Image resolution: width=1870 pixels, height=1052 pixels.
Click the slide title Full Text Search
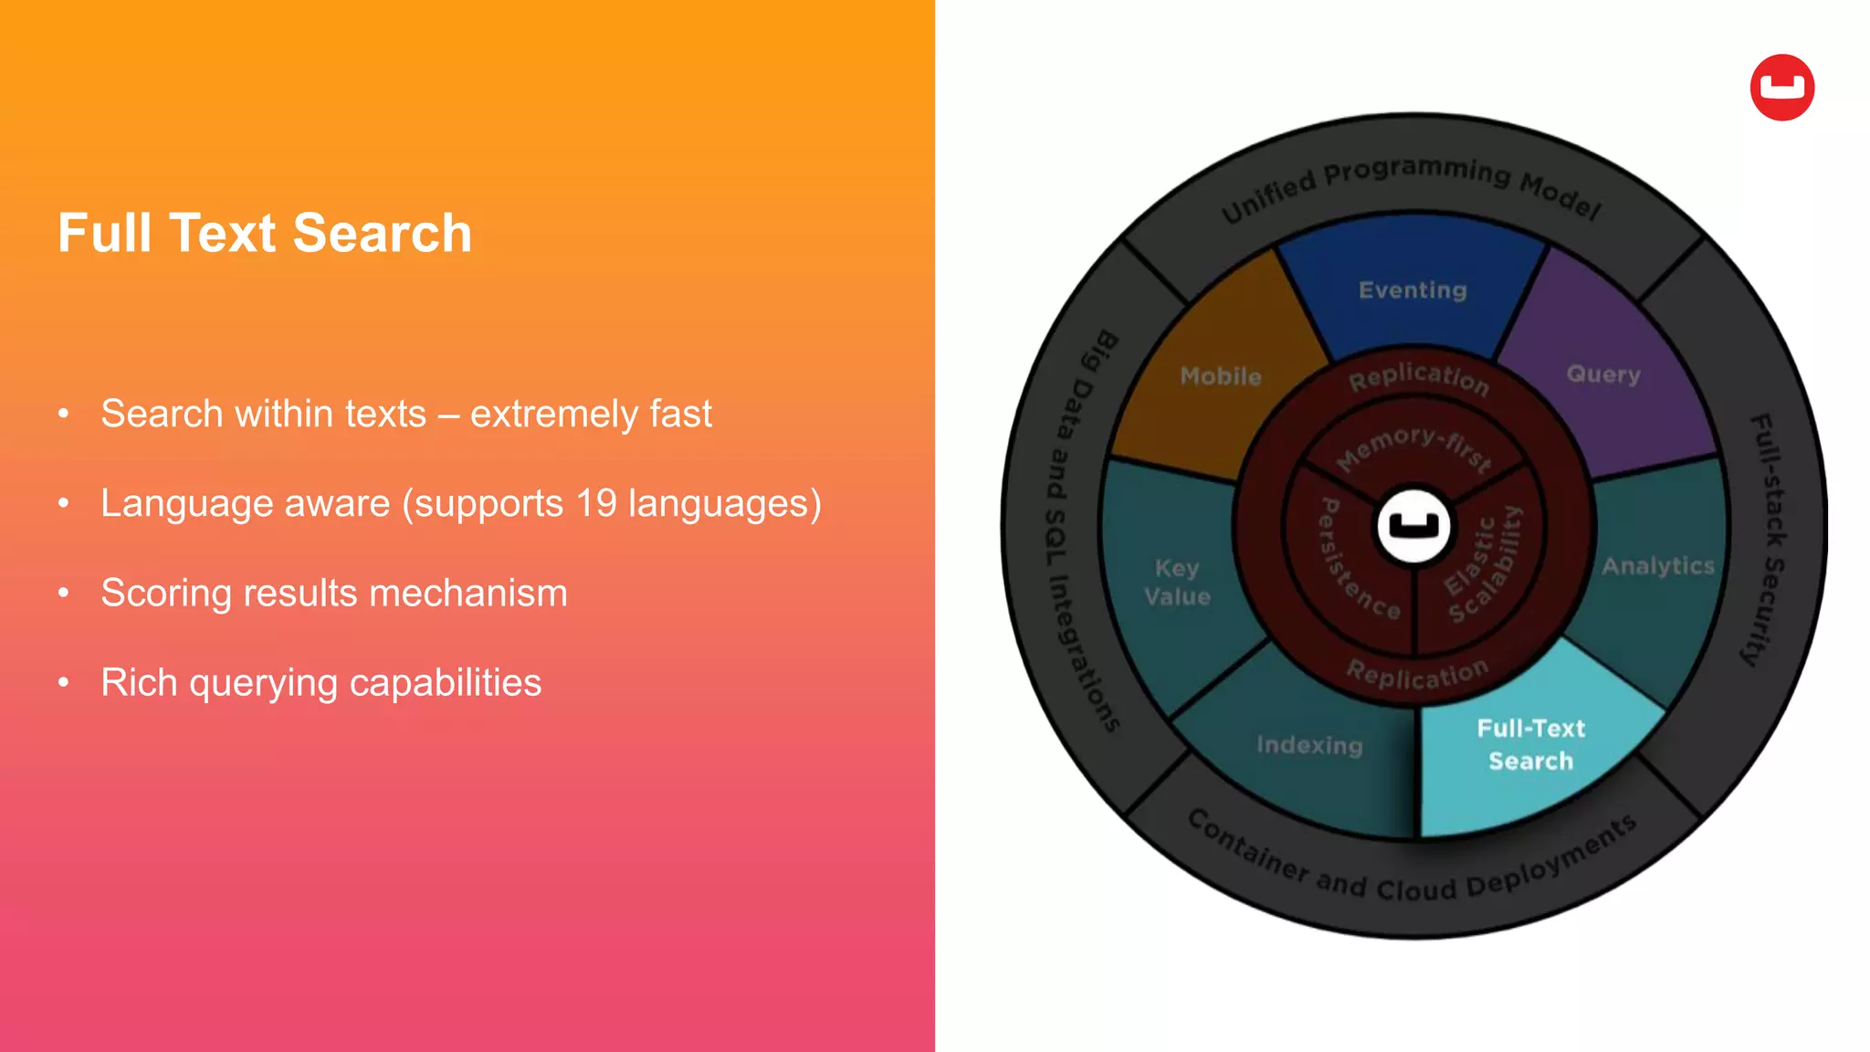[265, 233]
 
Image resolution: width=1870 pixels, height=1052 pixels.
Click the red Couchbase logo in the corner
[1781, 88]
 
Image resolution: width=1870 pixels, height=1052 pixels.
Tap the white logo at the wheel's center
[1413, 526]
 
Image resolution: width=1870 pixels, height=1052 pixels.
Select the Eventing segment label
[1413, 290]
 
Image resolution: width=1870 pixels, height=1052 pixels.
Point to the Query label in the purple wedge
[1603, 374]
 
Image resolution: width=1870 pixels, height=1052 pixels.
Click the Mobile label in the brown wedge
[1221, 376]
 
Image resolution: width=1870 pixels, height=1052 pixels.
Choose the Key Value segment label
[1177, 583]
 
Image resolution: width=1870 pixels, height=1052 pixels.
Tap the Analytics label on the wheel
[1658, 566]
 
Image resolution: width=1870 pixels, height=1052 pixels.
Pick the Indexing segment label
[1309, 745]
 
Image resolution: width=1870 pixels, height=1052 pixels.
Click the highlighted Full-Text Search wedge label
[1531, 744]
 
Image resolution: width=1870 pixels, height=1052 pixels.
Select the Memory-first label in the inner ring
[1413, 447]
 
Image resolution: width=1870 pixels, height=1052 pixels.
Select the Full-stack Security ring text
[1768, 539]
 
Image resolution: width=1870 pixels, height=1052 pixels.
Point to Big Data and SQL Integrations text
[1078, 530]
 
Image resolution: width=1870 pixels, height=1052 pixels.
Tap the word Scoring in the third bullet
[165, 594]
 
